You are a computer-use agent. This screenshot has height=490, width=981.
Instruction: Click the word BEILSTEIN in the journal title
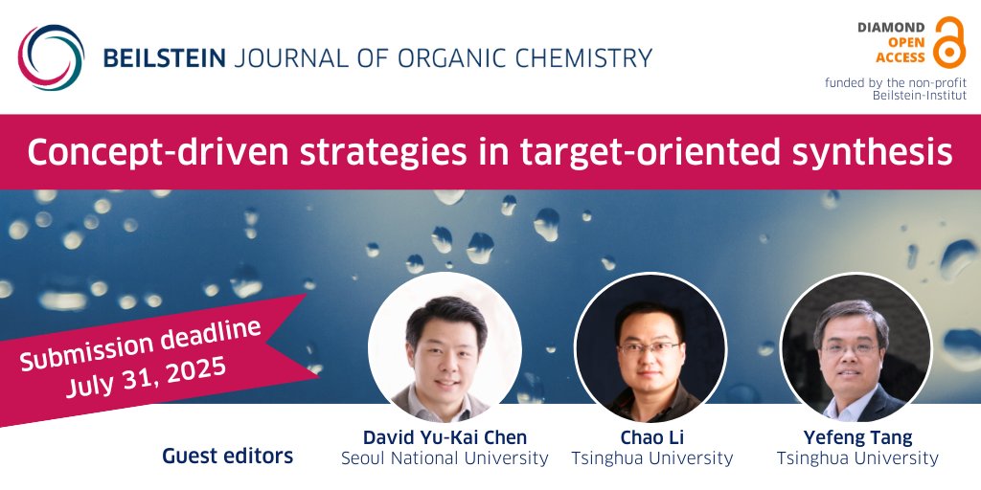click(x=165, y=58)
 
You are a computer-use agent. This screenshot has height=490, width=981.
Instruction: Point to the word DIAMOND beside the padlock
click(x=891, y=28)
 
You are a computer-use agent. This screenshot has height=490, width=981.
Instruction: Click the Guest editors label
click(x=228, y=457)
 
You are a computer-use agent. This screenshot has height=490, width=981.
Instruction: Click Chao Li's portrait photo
click(x=650, y=348)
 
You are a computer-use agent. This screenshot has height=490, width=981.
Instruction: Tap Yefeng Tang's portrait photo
click(x=856, y=348)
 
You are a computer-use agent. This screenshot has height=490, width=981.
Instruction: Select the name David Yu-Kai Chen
click(x=445, y=438)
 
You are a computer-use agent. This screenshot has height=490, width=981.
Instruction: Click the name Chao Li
click(x=651, y=438)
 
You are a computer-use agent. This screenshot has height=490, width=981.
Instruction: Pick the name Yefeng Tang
click(x=857, y=438)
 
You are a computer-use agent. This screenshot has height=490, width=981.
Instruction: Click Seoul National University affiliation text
click(x=445, y=459)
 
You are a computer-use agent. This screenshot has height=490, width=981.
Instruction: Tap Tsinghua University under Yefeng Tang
click(x=857, y=459)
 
